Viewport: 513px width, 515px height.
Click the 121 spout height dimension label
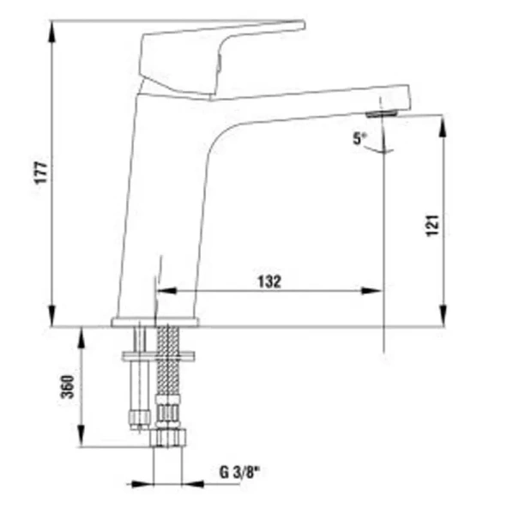coord(432,225)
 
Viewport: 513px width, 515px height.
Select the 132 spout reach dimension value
coord(269,281)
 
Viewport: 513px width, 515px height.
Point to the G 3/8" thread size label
coord(238,471)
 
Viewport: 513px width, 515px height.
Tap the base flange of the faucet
coord(155,323)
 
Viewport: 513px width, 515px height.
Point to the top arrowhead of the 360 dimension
coord(81,334)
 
